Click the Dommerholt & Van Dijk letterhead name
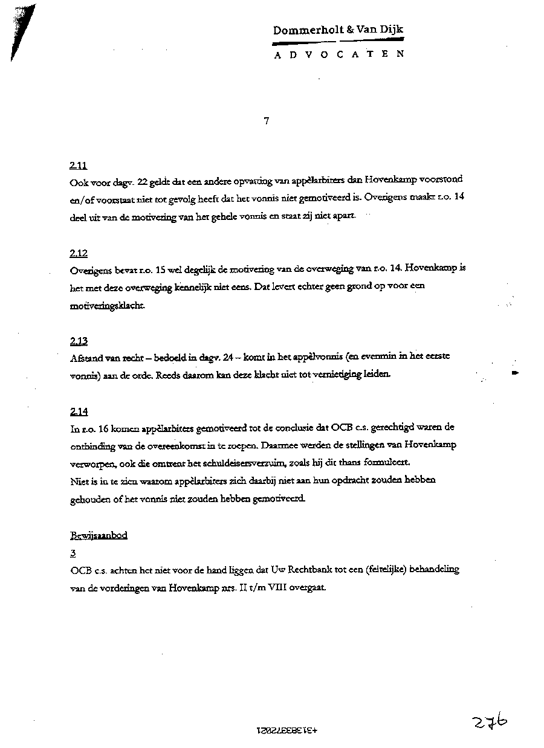(x=338, y=30)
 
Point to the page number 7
(x=267, y=121)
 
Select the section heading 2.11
(x=78, y=165)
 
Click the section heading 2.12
(x=78, y=254)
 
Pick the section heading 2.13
(x=79, y=341)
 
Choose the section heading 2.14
(x=79, y=412)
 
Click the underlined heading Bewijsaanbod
(x=99, y=535)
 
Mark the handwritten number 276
(x=490, y=721)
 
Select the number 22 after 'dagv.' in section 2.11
(x=143, y=179)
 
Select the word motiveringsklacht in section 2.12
(x=108, y=306)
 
